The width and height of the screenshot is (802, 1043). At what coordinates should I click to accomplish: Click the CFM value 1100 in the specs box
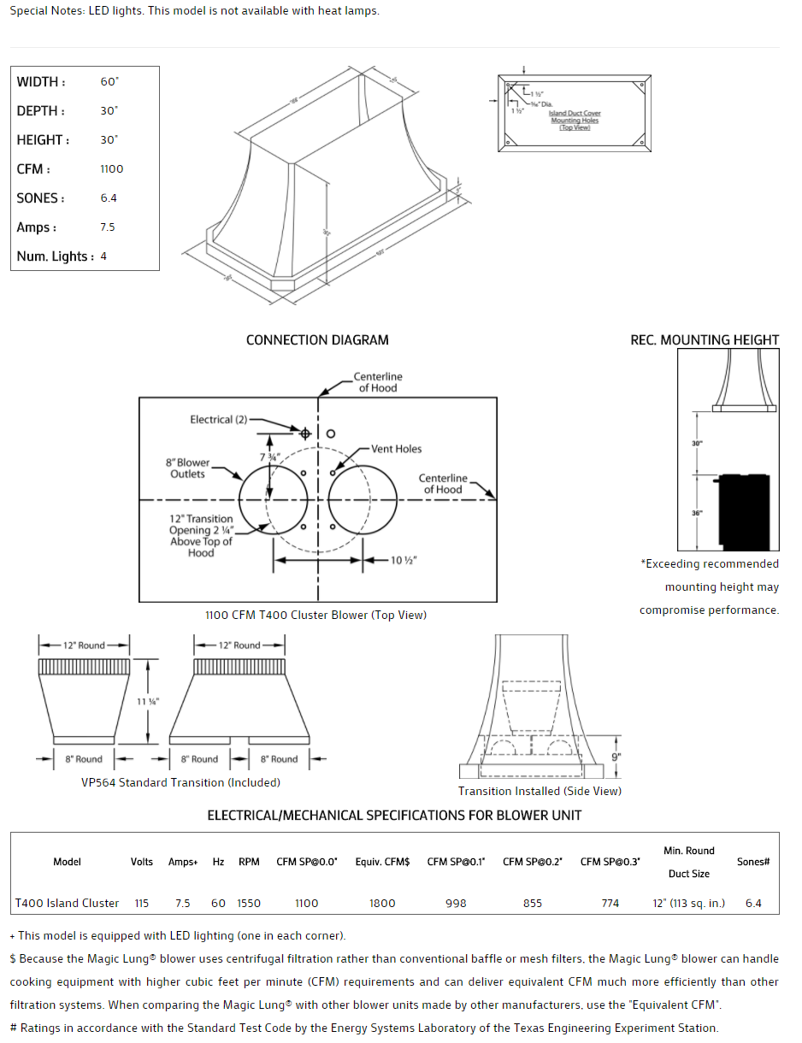[111, 169]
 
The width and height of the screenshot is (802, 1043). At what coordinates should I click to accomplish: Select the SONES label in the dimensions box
[40, 198]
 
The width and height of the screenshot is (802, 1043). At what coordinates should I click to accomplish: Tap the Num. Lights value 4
[103, 256]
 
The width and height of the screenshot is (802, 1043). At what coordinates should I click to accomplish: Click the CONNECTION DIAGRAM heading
[317, 340]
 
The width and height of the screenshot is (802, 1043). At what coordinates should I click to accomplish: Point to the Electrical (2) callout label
[218, 420]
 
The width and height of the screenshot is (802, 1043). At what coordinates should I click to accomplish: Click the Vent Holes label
[396, 449]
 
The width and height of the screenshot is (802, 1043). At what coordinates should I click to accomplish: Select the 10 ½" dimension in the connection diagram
[404, 560]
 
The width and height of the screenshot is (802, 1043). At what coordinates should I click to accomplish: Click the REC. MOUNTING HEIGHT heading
[705, 340]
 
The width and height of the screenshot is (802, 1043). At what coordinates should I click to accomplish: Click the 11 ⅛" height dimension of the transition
[148, 702]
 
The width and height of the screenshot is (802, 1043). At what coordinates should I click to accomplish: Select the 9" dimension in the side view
[616, 757]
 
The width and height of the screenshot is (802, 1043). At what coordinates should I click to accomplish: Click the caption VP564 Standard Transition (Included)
[180, 782]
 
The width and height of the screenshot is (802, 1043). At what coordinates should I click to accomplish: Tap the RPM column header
[249, 862]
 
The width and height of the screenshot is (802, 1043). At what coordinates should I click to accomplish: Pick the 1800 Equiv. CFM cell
[382, 903]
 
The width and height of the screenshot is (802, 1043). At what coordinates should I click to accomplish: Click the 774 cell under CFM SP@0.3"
[610, 903]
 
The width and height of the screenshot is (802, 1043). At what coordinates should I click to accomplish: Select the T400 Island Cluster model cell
[68, 903]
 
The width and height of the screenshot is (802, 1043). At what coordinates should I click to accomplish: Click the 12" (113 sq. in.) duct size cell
[688, 903]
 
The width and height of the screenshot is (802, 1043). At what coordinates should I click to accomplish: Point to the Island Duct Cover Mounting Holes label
[575, 121]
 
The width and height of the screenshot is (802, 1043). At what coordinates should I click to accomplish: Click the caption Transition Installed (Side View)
[540, 791]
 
